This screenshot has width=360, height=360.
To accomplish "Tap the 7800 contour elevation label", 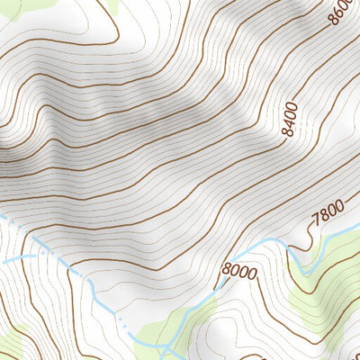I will click(326, 213).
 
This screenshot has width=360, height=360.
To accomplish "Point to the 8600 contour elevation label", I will click(341, 12).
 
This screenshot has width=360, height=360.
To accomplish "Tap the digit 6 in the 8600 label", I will click(339, 18).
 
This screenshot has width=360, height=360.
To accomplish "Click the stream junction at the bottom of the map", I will click(166, 344).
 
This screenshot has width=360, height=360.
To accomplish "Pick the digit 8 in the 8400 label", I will click(291, 132).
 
